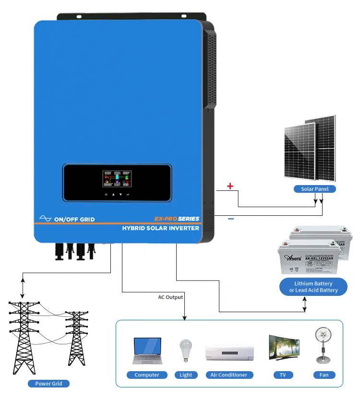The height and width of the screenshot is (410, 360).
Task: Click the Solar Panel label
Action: [314, 189]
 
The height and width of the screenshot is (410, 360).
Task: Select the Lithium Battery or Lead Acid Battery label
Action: [313, 287]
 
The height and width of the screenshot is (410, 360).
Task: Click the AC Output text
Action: [170, 297]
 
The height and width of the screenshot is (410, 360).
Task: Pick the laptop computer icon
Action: [147, 351]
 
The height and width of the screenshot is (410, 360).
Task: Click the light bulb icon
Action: [186, 351]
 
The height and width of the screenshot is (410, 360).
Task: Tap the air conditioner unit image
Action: [229, 352]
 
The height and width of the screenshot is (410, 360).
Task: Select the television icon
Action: [284, 349]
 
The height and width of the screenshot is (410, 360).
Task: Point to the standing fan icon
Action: [324, 345]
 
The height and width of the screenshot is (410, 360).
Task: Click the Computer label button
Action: [147, 375]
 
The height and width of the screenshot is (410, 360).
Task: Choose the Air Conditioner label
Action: [229, 375]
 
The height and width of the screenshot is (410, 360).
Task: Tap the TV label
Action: [284, 375]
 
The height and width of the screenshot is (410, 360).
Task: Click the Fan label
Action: [324, 375]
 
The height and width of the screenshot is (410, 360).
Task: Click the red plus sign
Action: [230, 186]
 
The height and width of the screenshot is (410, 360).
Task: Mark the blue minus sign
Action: [231, 219]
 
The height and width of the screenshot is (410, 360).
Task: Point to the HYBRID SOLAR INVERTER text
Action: [161, 228]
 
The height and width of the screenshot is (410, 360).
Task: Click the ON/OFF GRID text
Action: [74, 219]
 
